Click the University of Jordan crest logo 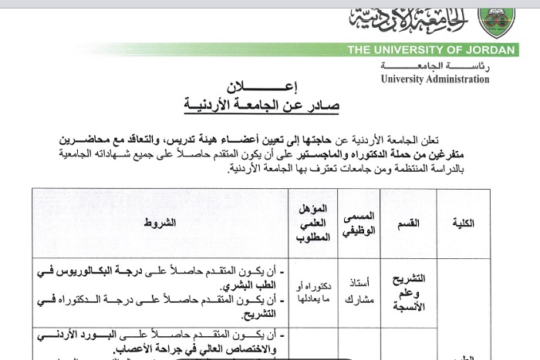pyautogui.click(x=497, y=20)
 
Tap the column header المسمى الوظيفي pyautogui.click(x=358, y=223)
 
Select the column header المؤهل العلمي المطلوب pyautogui.click(x=313, y=223)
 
